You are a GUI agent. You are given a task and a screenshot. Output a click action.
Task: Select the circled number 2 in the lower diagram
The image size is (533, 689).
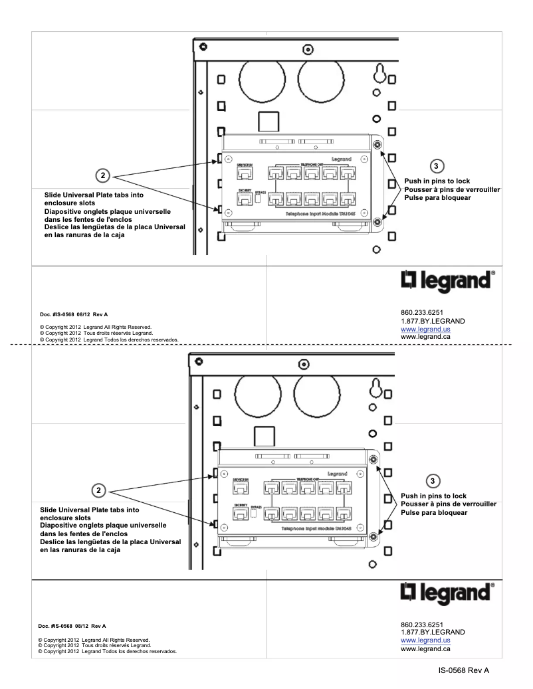point(100,490)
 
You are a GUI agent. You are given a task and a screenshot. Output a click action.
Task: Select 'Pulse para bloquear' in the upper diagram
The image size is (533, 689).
point(437,198)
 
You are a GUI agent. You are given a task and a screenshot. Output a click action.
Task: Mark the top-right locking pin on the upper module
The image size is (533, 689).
point(377,145)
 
